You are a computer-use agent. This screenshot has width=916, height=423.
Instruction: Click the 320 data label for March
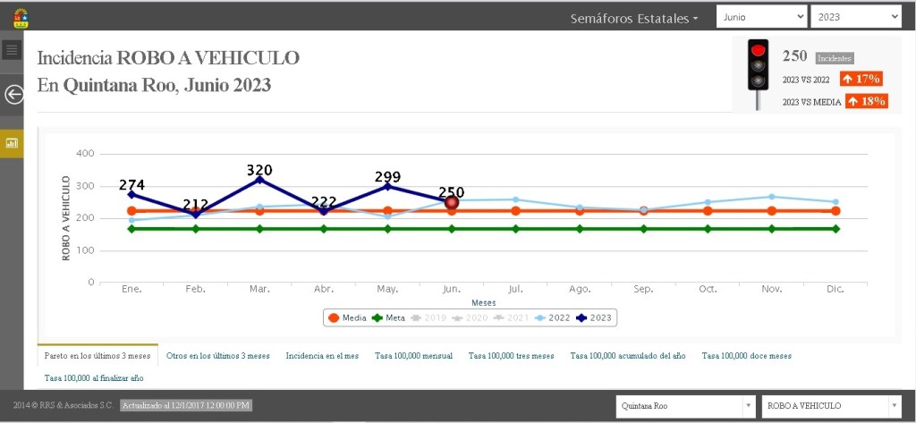point(259,170)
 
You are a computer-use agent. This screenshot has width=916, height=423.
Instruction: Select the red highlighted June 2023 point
point(452,203)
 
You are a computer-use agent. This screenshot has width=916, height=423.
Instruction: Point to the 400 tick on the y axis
point(85,154)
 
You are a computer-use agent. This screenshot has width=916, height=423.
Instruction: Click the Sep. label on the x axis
point(643,290)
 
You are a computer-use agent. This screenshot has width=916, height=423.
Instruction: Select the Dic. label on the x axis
point(835,290)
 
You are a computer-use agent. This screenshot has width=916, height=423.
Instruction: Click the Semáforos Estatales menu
point(634,18)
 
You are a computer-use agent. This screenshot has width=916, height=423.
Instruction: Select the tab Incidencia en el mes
point(322,356)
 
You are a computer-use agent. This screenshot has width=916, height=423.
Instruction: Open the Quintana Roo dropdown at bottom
point(685,406)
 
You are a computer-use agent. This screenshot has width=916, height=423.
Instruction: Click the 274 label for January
point(131,185)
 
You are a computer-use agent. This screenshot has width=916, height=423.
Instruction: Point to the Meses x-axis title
point(484,302)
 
